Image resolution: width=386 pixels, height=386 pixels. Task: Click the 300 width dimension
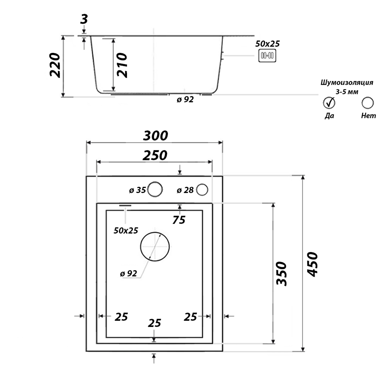[x=156, y=135]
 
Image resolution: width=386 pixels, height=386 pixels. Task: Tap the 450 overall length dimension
[x=313, y=264]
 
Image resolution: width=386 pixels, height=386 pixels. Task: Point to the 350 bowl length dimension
[x=283, y=273]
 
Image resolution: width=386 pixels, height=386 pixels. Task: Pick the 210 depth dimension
[x=122, y=65]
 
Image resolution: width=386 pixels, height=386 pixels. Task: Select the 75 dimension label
[x=179, y=220]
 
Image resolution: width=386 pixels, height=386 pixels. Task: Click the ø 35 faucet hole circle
[x=155, y=190]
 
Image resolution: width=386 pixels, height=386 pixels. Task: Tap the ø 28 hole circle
[x=202, y=190]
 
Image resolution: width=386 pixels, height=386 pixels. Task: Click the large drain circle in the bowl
[x=155, y=247]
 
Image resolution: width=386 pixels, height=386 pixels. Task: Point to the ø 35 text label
[x=137, y=190]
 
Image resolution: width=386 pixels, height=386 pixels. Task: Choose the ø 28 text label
[x=185, y=190]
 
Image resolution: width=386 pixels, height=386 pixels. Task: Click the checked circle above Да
[x=329, y=103]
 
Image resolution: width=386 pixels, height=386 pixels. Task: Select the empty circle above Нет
[x=367, y=103]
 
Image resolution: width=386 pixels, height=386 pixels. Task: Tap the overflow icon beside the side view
[x=267, y=56]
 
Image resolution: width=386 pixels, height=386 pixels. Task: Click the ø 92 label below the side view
[x=185, y=100]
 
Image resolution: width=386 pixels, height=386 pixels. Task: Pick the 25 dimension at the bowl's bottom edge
[x=154, y=323]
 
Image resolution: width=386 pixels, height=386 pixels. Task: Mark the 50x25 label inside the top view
[x=126, y=230]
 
